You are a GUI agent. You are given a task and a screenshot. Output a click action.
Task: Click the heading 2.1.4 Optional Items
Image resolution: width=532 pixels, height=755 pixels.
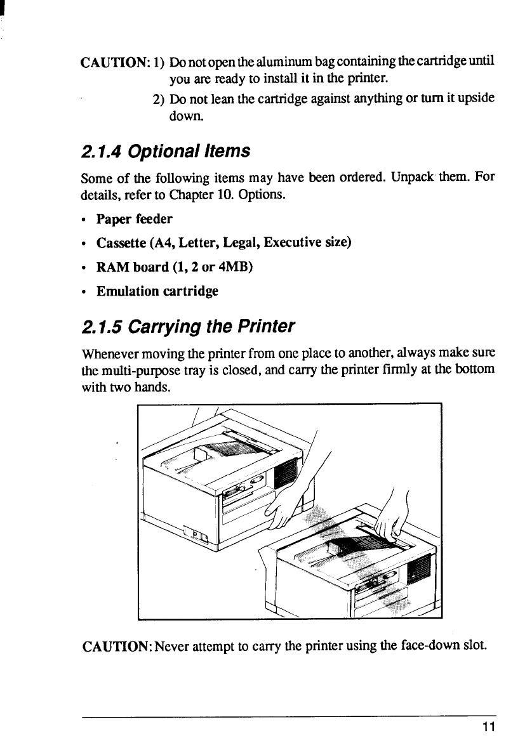tap(166, 152)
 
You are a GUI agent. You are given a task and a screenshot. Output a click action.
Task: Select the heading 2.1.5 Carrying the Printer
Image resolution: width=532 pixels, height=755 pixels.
tap(189, 327)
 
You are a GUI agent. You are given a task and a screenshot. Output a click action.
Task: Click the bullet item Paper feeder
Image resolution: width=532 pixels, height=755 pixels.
tap(134, 219)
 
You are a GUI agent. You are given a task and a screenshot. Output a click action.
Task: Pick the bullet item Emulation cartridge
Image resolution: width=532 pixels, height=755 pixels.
tap(157, 291)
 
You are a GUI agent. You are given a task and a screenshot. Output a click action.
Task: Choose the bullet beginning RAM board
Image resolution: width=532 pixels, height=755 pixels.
tap(175, 267)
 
